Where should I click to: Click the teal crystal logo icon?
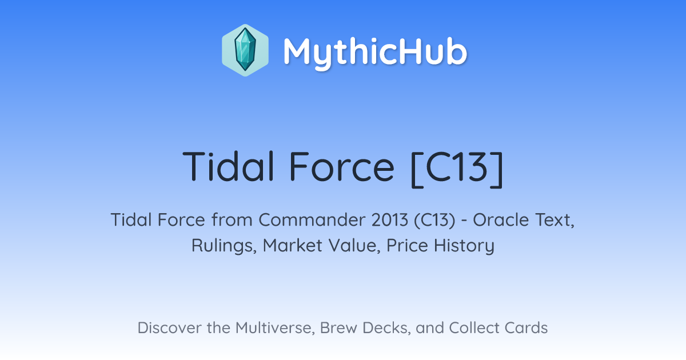coord(245,50)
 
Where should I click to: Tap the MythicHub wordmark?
coord(375,52)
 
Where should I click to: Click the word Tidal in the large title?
coord(228,166)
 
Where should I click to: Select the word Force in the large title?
coord(342,166)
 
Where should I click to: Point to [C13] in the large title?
coord(457,169)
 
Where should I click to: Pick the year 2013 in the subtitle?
coord(389,219)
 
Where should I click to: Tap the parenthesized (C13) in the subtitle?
coord(434,220)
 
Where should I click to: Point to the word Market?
coord(293,245)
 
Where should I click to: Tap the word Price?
coord(407,245)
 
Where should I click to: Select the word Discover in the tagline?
coord(169,327)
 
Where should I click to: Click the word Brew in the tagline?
coord(338,327)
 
